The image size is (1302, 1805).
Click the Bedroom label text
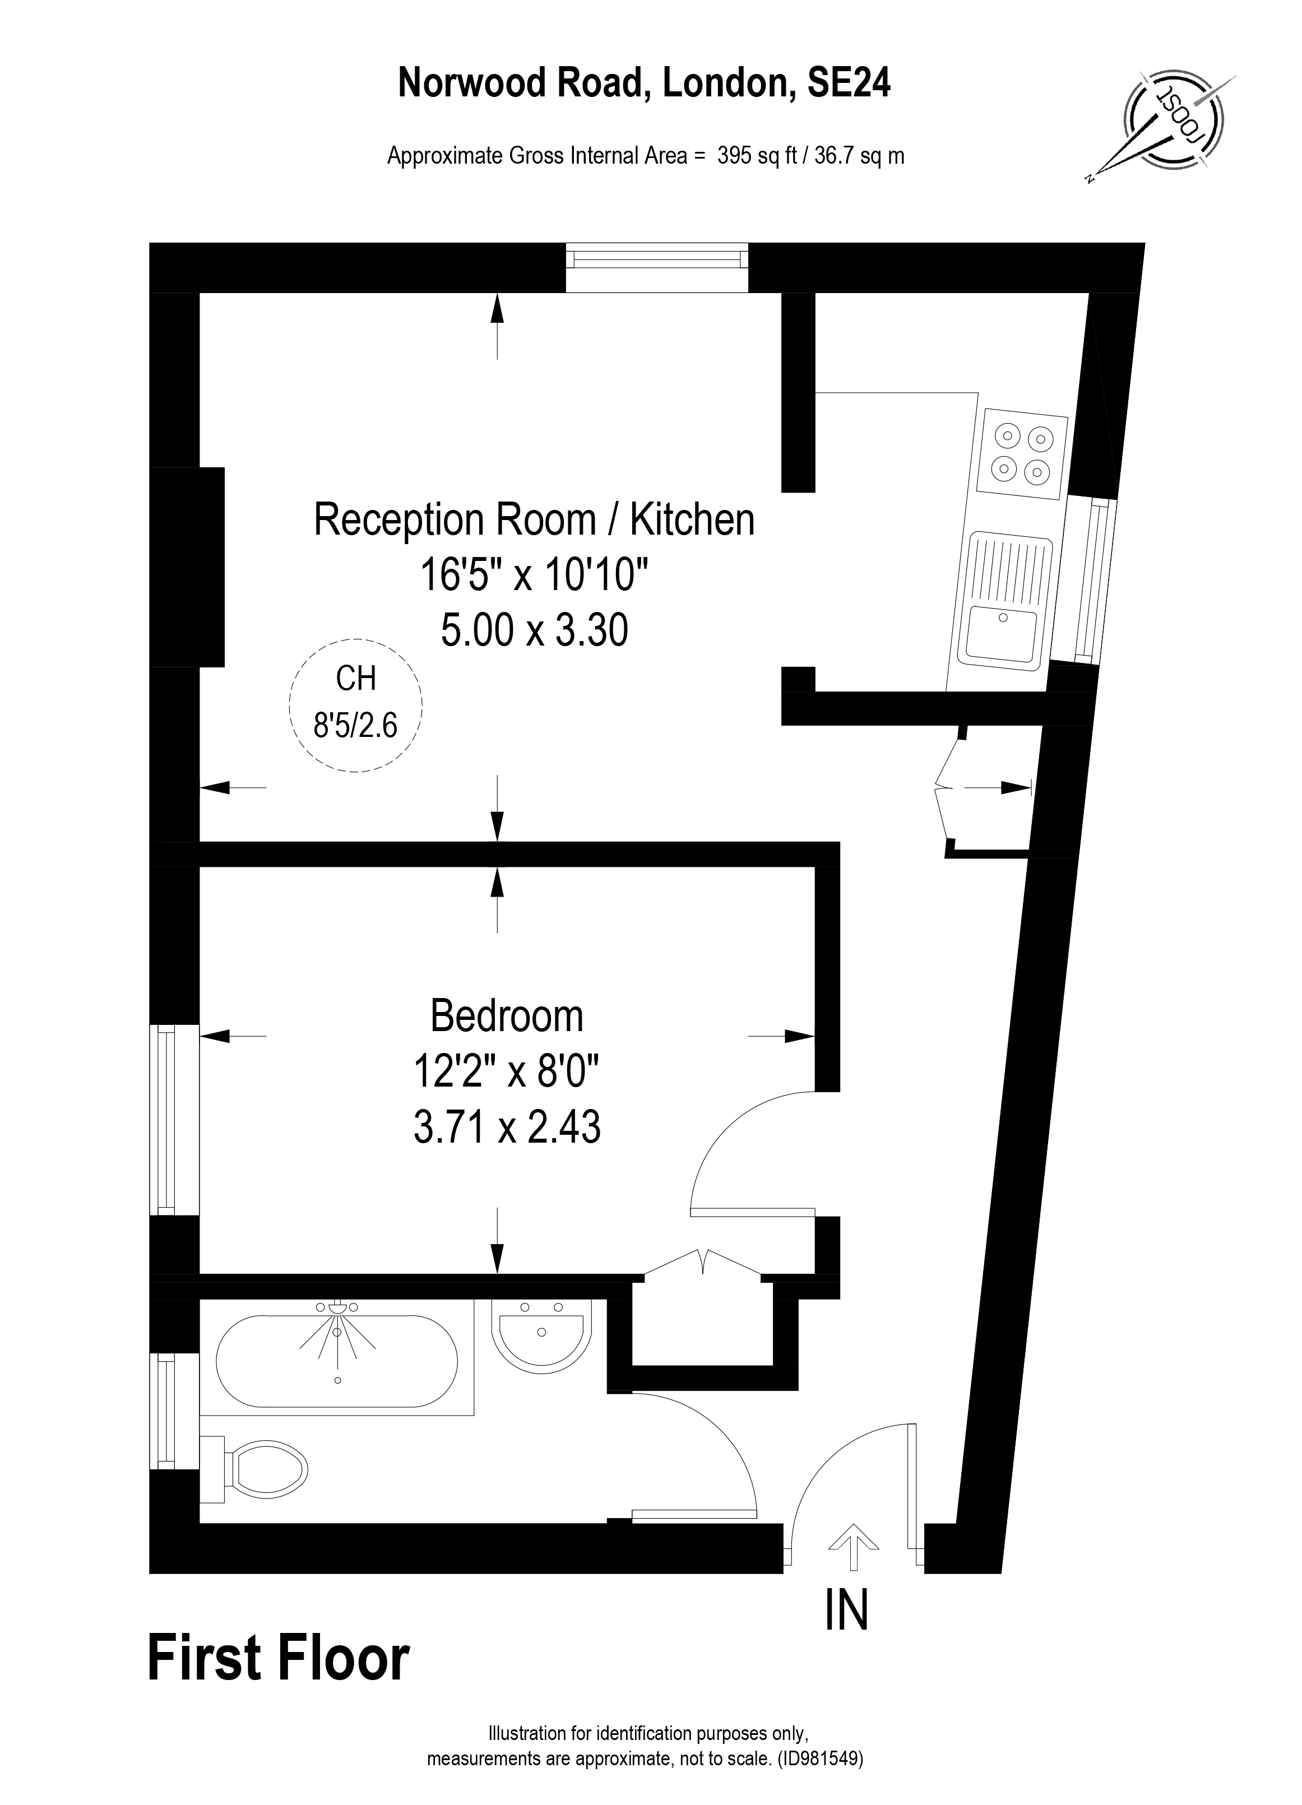(x=506, y=1017)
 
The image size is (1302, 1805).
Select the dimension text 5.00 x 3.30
(x=534, y=630)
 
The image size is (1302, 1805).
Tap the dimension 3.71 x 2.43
(x=506, y=1127)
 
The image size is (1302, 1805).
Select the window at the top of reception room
(x=657, y=267)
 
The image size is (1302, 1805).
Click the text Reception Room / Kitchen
(x=534, y=519)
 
